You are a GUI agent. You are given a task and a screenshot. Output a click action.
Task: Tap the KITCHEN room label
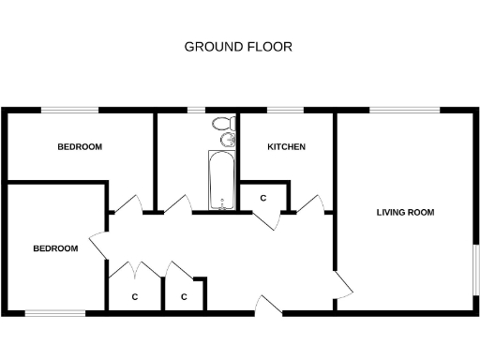click(286, 147)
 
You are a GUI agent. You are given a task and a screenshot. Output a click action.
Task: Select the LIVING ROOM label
click(405, 213)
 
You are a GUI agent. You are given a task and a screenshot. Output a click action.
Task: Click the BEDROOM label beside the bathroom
click(80, 147)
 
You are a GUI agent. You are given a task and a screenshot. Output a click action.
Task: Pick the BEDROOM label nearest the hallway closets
click(55, 248)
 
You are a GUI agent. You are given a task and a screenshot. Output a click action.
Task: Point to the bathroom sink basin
click(227, 141)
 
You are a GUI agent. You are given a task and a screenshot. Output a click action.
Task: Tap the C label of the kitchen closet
click(263, 199)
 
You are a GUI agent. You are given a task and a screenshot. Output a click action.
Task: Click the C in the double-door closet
click(135, 297)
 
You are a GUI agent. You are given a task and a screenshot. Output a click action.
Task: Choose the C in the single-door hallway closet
click(185, 297)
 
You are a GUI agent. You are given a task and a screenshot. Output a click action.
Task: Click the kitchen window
click(287, 111)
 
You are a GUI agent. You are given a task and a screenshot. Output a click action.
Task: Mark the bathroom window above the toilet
click(198, 111)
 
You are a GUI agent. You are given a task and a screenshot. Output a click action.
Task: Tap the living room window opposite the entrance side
click(405, 111)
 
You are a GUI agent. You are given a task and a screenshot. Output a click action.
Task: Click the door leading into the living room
click(342, 282)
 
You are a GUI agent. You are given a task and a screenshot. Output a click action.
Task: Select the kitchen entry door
click(311, 203)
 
